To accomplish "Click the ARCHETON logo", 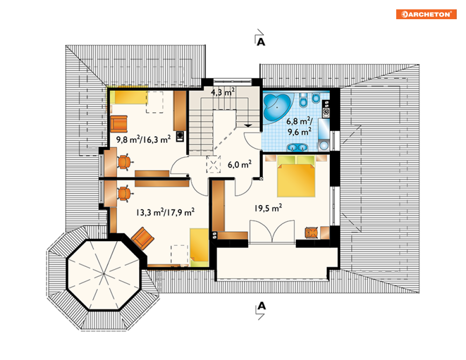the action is pos(426,14).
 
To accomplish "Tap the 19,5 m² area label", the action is pos(268,208).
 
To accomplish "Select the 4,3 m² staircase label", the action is pos(222,92).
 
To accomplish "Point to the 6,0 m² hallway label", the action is pos(239,164).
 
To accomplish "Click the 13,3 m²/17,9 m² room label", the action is pos(165,212).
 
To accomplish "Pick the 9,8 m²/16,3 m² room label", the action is pos(143,139).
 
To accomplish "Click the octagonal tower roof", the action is pos(104,275).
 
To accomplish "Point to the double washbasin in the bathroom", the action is pos(297,147).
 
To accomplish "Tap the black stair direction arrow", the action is pos(248,125).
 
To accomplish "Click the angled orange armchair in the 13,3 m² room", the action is pos(143,238).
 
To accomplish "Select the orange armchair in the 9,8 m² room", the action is pos(119,124).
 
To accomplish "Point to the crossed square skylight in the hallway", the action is pos(214,165).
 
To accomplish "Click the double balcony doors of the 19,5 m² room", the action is pos(272,232).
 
